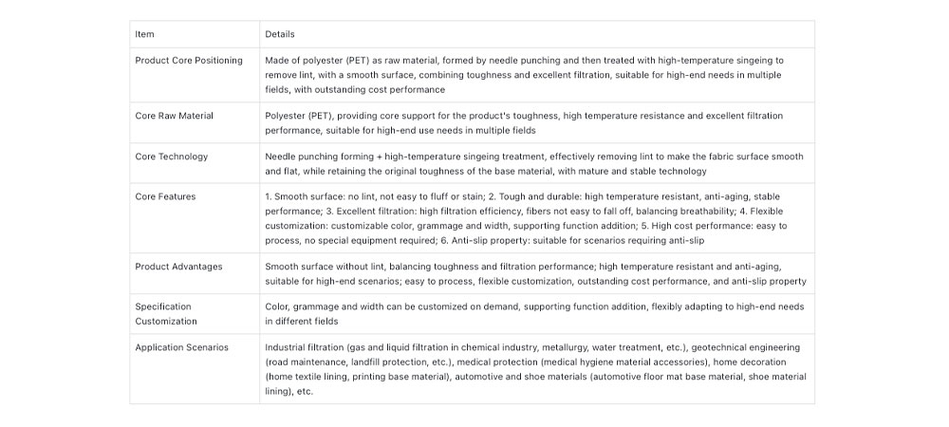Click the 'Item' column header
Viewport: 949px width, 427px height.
(x=144, y=34)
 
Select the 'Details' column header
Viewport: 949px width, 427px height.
(x=280, y=34)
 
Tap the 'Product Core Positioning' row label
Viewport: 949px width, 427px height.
(x=189, y=61)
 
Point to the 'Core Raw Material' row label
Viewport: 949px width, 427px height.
(x=174, y=116)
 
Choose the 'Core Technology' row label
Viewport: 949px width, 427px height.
(x=171, y=157)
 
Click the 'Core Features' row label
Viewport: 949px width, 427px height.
(x=165, y=196)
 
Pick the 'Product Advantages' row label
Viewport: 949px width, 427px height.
(x=178, y=267)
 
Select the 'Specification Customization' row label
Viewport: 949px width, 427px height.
(x=163, y=314)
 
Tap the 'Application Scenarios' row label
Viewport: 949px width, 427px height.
(x=181, y=347)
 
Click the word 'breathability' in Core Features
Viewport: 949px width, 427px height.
(x=707, y=211)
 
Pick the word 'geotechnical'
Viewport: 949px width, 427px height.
(x=722, y=347)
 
